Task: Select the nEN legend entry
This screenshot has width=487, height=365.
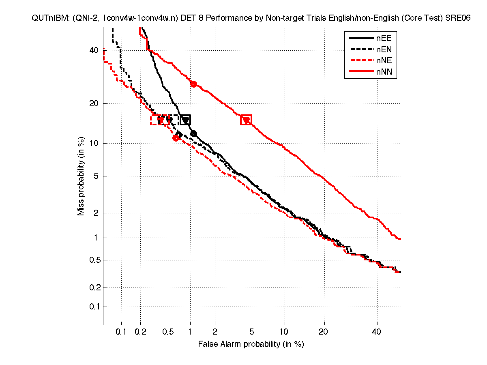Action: point(370,50)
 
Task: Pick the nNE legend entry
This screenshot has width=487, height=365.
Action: point(370,61)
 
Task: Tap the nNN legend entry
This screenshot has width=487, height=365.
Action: point(370,73)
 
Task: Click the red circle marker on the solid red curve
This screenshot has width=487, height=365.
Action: point(193,84)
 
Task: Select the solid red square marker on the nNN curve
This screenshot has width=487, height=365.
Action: point(246,120)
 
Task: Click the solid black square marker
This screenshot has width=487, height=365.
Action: point(185,120)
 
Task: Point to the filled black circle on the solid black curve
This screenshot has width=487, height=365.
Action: point(193,133)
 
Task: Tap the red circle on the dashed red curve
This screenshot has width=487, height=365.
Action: point(176,138)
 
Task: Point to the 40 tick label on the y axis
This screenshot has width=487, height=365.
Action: point(94,50)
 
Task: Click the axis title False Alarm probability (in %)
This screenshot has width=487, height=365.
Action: point(251,344)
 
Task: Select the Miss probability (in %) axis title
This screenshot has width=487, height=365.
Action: point(81,176)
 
